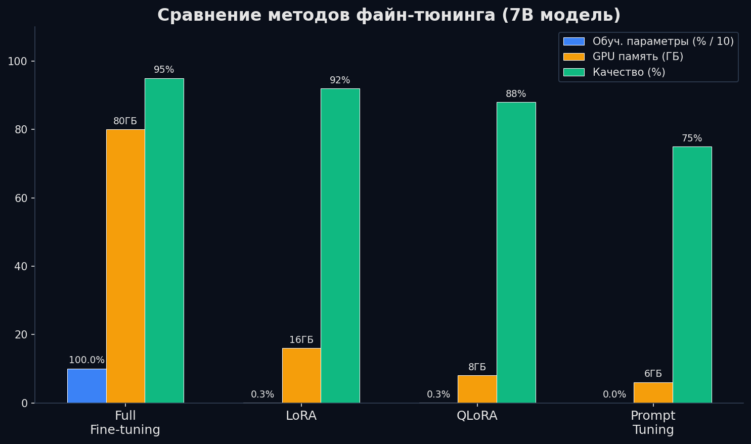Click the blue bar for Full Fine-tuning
[86, 386]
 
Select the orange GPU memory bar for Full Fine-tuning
[125, 266]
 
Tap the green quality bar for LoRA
[340, 246]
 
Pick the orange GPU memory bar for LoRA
[301, 375]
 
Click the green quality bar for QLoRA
[516, 253]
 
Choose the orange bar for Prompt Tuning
[653, 392]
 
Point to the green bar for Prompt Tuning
[692, 275]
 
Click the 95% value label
[164, 70]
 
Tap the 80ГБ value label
[125, 121]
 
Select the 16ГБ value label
[301, 340]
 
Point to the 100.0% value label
[86, 360]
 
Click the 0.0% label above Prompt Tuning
[614, 394]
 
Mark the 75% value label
[692, 138]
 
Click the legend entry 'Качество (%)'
[629, 72]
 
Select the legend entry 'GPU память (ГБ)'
[638, 57]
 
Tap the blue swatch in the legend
[573, 41]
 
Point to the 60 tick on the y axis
[21, 198]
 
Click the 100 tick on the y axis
[18, 62]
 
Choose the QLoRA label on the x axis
[477, 416]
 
